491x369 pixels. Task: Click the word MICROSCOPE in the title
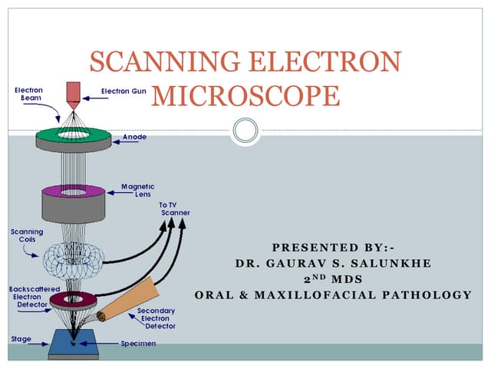[245, 97]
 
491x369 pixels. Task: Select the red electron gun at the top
[72, 93]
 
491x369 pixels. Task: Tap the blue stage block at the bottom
[73, 344]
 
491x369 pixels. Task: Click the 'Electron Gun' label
[123, 91]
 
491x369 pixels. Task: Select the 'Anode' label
[134, 137]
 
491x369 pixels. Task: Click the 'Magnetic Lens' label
[138, 191]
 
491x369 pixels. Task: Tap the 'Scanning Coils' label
[26, 234]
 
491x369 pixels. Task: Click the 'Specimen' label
[138, 343]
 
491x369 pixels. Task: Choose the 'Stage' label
[21, 337]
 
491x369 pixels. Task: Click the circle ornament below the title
[245, 130]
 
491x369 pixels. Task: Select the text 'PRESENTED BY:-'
[333, 248]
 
